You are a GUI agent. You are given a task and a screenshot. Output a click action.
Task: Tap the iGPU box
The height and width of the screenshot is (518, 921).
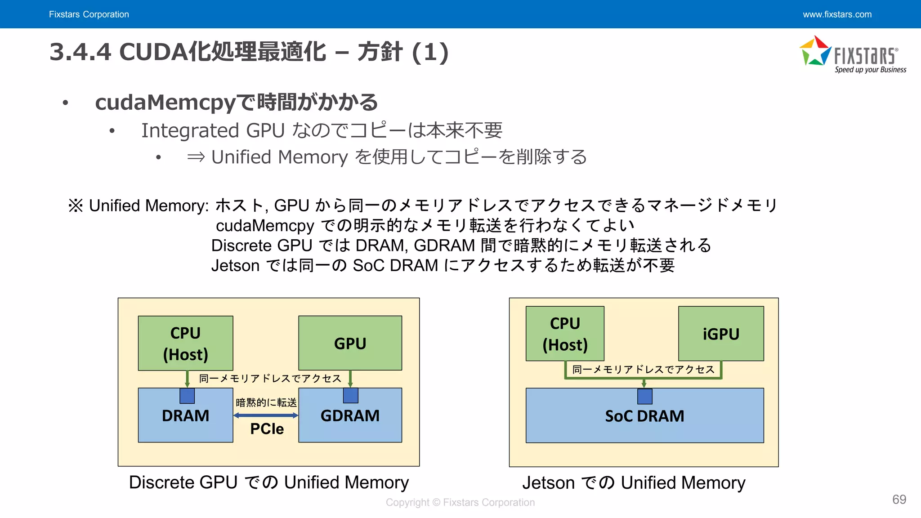721,334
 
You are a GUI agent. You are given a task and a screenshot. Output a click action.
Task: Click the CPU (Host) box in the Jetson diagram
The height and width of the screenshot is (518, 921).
565,334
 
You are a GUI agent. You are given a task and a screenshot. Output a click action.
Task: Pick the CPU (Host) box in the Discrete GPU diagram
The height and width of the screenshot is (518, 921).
185,343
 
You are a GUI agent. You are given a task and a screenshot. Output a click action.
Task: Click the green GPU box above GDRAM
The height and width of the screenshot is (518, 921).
350,343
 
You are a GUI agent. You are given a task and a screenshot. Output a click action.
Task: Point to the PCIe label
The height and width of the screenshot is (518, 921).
267,429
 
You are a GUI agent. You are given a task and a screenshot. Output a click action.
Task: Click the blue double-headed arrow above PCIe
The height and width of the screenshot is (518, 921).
266,415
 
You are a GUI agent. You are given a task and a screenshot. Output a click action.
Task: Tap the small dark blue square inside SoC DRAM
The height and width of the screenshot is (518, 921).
644,397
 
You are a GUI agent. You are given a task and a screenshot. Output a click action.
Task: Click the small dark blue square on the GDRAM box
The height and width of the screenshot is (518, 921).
350,396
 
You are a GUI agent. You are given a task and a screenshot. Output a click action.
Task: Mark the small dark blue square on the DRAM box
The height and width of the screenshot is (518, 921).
187,396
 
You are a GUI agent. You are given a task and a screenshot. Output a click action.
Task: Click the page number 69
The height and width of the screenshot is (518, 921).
899,500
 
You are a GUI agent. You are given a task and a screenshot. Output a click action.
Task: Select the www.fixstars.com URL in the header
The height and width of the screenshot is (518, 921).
837,14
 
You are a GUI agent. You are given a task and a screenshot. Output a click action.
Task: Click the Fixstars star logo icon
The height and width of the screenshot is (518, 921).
815,51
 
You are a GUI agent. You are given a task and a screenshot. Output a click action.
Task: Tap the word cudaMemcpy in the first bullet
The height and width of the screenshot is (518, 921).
165,103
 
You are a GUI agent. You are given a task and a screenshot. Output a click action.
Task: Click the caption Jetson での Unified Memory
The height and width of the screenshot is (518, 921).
634,483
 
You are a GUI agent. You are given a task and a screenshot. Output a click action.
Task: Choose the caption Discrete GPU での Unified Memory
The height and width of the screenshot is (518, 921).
268,482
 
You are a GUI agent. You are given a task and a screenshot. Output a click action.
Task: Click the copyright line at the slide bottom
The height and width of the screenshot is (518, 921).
460,502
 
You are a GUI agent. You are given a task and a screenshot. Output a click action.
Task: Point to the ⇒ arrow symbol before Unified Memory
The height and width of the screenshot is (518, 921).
196,157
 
